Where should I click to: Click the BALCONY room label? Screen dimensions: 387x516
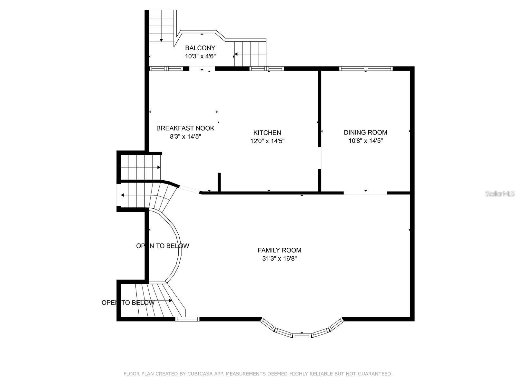[200, 48]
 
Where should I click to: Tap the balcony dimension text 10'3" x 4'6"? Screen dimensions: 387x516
[200, 56]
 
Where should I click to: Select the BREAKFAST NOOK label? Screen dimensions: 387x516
[185, 128]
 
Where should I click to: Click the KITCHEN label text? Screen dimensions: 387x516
[267, 133]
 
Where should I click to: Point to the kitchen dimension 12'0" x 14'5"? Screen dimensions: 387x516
[267, 141]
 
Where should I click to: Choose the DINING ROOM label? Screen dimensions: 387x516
[365, 132]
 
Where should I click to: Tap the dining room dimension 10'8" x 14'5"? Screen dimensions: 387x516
[365, 141]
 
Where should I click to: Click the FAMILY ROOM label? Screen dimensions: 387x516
[279, 250]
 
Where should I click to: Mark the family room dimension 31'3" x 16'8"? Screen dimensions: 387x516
[279, 258]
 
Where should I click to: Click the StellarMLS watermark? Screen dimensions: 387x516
[500, 193]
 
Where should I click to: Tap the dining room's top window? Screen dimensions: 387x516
[366, 68]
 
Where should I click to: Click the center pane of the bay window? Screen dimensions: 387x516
[302, 336]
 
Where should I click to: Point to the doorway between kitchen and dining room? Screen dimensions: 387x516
[320, 158]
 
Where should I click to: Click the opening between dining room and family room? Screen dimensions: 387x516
[365, 193]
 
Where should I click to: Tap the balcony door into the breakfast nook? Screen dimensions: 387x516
[202, 68]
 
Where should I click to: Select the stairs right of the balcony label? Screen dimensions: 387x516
[250, 54]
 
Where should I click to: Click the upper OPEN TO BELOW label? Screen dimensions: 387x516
[163, 246]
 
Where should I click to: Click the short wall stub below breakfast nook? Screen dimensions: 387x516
[219, 183]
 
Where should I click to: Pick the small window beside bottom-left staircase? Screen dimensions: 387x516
[187, 319]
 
